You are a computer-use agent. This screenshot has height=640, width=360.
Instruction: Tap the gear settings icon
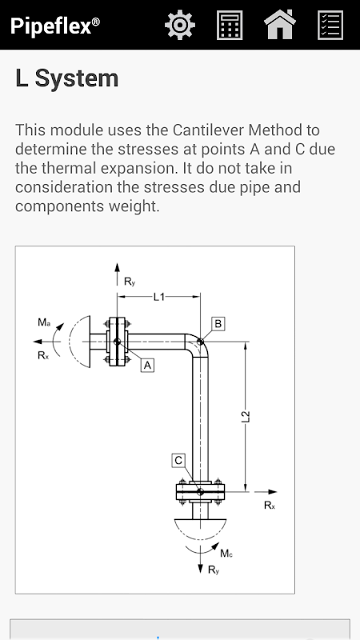click(180, 25)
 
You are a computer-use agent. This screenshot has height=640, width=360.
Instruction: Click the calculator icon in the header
click(230, 26)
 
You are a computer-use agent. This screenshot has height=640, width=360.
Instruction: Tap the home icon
click(280, 25)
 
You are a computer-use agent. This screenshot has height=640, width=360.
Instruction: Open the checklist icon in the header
click(330, 26)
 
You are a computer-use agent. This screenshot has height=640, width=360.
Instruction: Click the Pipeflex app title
click(54, 26)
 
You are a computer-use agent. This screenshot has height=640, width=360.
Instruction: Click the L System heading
click(67, 78)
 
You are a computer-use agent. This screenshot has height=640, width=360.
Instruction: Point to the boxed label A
click(147, 366)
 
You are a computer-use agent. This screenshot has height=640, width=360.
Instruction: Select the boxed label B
click(218, 324)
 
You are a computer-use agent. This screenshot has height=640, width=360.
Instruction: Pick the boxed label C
click(178, 461)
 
